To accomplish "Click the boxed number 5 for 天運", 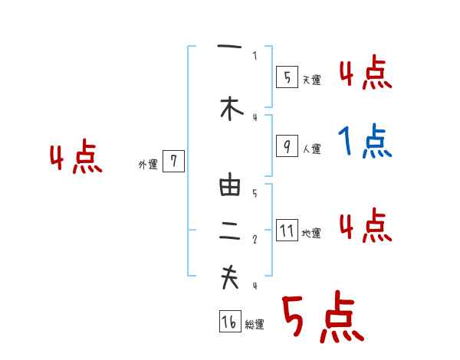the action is [287, 77].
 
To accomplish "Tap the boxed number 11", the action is [287, 231].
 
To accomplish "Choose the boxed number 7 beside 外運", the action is [174, 162].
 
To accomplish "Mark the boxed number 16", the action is [229, 322].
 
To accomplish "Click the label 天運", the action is [311, 80].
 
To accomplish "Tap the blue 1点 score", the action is [365, 141].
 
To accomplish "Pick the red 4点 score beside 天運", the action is [365, 74].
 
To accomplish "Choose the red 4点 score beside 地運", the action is [365, 225].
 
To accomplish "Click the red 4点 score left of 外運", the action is [76, 159].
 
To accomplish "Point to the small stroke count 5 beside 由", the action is [255, 194].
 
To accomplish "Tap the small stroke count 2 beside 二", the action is [255, 240].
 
